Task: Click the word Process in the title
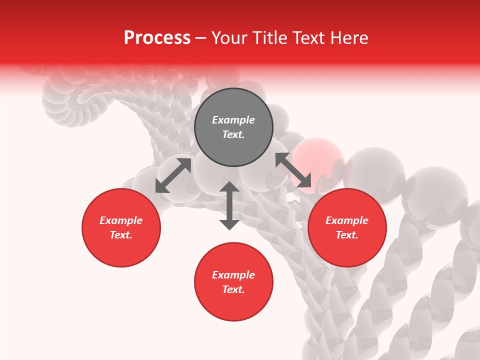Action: [x=157, y=38]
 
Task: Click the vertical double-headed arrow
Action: [x=229, y=205]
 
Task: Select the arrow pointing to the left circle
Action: [x=173, y=175]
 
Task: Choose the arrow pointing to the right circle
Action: [x=293, y=170]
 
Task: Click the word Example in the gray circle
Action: [x=233, y=120]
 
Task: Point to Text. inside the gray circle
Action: [x=233, y=134]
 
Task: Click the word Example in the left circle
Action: [x=121, y=220]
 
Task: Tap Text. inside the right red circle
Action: [x=347, y=235]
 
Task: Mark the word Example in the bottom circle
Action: [x=233, y=275]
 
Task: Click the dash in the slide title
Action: [x=201, y=38]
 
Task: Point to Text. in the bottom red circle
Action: [x=233, y=289]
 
